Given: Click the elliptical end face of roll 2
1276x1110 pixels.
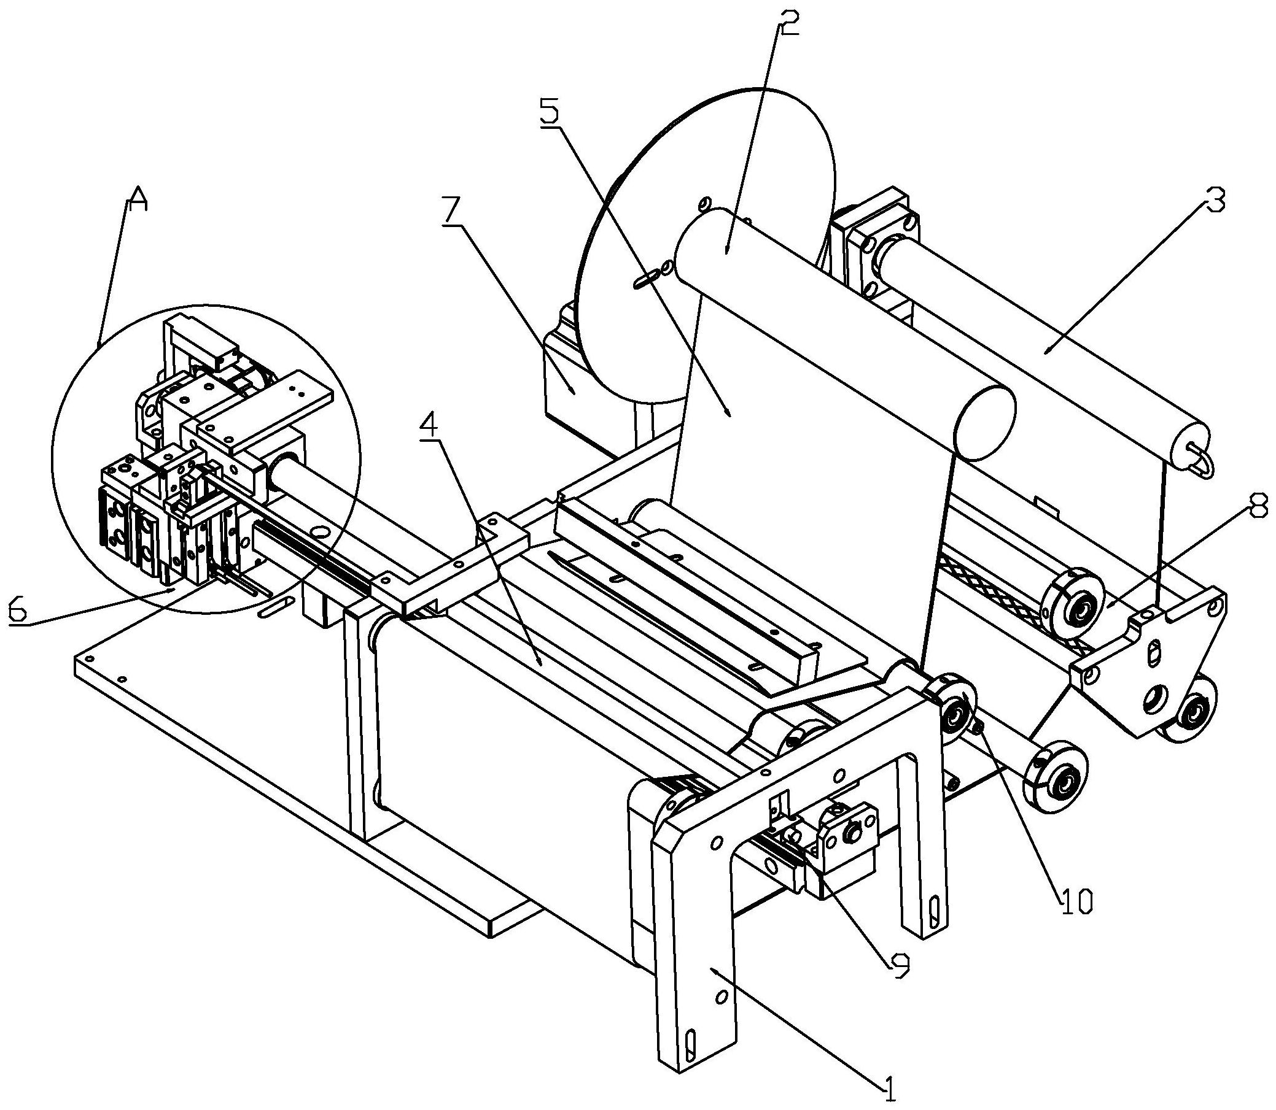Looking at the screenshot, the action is [x=985, y=422].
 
